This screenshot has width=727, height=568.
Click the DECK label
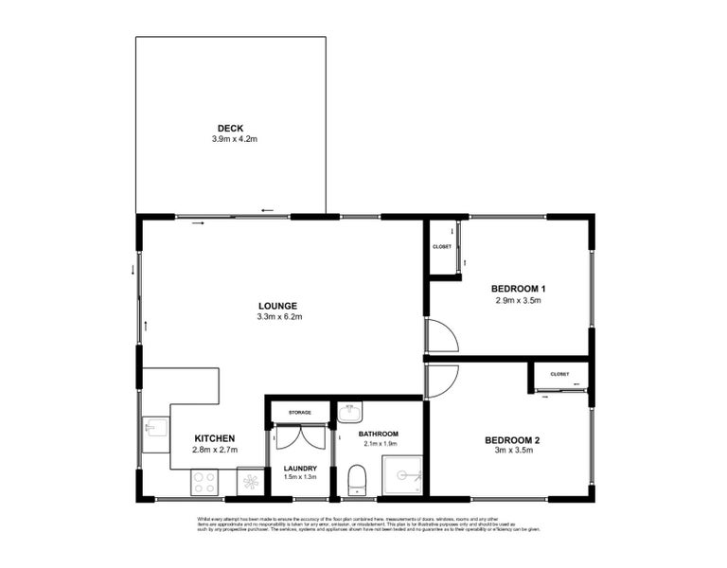230,128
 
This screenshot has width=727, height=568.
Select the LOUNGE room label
278,306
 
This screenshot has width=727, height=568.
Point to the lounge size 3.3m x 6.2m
279,317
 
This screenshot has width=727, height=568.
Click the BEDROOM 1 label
518,289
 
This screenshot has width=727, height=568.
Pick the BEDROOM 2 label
512,440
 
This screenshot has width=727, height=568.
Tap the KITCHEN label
214,438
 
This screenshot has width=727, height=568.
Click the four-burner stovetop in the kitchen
204,482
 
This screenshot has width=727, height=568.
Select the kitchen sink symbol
154,432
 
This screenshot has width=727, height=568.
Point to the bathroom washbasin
349,412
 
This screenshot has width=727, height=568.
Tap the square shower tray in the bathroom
401,476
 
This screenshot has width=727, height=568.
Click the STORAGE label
300,413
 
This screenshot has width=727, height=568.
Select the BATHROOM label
379,434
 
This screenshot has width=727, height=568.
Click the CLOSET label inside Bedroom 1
442,246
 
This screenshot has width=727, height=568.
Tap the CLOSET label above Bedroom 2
559,374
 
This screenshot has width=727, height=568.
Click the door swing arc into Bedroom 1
442,337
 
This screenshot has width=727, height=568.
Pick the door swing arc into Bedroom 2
442,381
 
